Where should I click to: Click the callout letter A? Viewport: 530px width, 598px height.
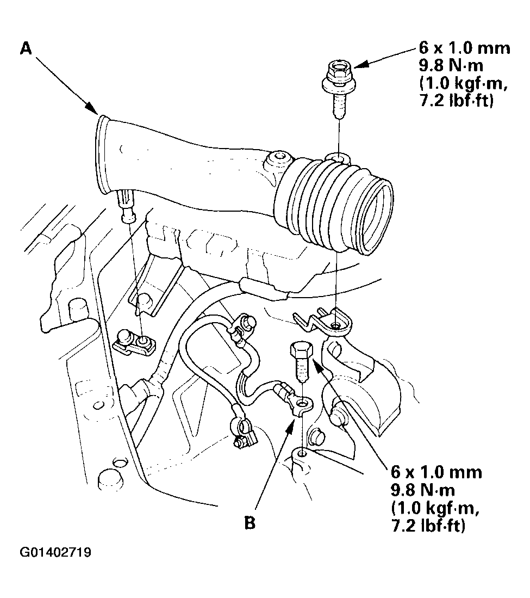(26, 48)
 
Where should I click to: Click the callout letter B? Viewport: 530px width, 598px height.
(250, 522)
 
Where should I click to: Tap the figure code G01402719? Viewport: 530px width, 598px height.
(55, 552)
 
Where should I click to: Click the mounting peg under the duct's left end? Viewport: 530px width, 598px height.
(128, 207)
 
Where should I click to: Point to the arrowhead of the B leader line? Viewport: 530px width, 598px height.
(291, 424)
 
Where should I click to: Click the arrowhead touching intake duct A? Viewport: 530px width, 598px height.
(92, 108)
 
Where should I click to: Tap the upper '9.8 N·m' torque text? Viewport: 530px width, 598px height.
(451, 66)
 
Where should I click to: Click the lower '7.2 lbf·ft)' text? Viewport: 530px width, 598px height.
(428, 526)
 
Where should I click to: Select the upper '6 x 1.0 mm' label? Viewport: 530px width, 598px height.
(464, 48)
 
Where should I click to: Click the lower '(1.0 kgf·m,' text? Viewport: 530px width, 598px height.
(434, 508)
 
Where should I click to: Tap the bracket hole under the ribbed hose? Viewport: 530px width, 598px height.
(335, 325)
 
